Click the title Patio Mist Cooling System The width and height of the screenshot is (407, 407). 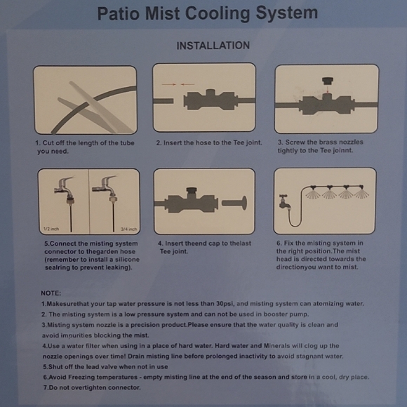click(x=207, y=13)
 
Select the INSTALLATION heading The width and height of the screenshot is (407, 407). click(x=213, y=46)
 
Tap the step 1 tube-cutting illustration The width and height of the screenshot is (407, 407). click(x=85, y=99)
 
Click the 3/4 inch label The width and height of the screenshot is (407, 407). click(x=128, y=229)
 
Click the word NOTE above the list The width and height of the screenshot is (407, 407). click(x=51, y=293)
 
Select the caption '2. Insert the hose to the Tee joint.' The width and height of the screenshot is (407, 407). click(x=208, y=142)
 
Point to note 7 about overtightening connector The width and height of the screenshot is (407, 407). click(x=91, y=387)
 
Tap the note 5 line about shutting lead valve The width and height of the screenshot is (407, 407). click(x=105, y=366)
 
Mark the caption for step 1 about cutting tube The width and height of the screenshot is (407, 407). click(x=85, y=147)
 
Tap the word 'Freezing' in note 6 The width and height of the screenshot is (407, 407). click(x=81, y=377)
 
